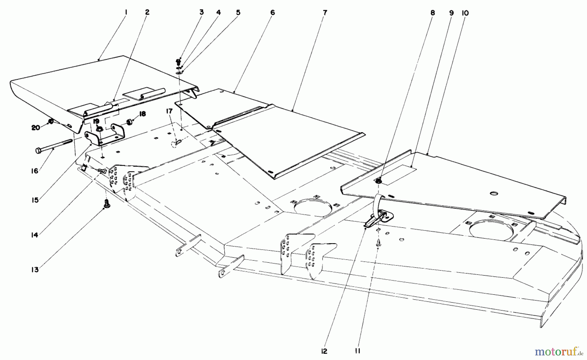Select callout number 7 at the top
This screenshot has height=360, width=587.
click(325, 13)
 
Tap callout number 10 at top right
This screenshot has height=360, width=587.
click(465, 13)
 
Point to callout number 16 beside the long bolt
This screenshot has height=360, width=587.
click(35, 171)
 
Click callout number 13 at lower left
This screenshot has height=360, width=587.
click(35, 270)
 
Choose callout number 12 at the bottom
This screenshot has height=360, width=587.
click(324, 351)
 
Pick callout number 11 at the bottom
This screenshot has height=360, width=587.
click(358, 351)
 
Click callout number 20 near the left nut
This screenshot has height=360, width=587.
click(36, 128)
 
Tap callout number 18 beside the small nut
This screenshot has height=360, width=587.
click(142, 114)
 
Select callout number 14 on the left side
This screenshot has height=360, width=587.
click(35, 235)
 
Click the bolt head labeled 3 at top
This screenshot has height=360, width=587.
click(178, 61)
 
